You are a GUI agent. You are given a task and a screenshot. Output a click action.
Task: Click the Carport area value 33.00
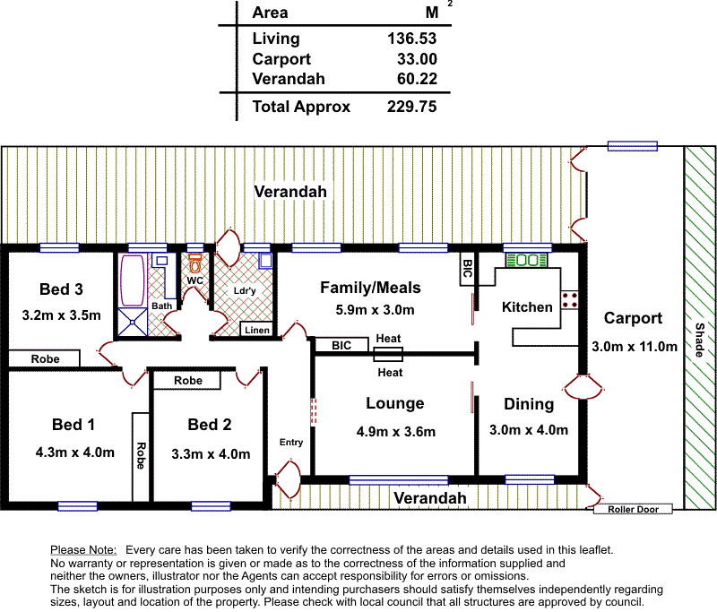417,59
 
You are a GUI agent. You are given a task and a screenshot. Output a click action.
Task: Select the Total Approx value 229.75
411,107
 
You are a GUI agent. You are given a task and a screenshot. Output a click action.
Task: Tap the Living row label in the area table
276,39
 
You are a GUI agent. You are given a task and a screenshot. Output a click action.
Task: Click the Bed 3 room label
61,289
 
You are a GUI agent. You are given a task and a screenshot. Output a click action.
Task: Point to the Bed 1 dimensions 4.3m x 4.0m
75,452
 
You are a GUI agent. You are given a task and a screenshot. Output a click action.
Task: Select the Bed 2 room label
210,424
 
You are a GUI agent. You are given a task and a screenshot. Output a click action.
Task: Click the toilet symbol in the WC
194,263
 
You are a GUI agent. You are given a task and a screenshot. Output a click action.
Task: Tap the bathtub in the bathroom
132,280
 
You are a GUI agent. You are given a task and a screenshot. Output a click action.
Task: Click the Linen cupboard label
257,330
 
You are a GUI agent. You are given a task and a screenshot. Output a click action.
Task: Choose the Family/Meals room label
370,288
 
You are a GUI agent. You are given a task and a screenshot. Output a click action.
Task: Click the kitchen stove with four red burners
569,300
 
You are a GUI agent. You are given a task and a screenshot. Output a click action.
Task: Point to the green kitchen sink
527,260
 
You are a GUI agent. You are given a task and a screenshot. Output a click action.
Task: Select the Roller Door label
633,509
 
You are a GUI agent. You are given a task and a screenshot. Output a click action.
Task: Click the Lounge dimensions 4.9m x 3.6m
396,432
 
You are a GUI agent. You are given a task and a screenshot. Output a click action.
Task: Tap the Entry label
291,442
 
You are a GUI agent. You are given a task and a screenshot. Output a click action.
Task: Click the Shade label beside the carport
700,340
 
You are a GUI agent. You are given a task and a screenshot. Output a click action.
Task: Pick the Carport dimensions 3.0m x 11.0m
635,347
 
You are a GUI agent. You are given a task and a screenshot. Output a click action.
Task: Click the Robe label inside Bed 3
46,358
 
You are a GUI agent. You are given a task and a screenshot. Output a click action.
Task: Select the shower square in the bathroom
133,322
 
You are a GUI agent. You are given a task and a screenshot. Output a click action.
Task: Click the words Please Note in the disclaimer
83,550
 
